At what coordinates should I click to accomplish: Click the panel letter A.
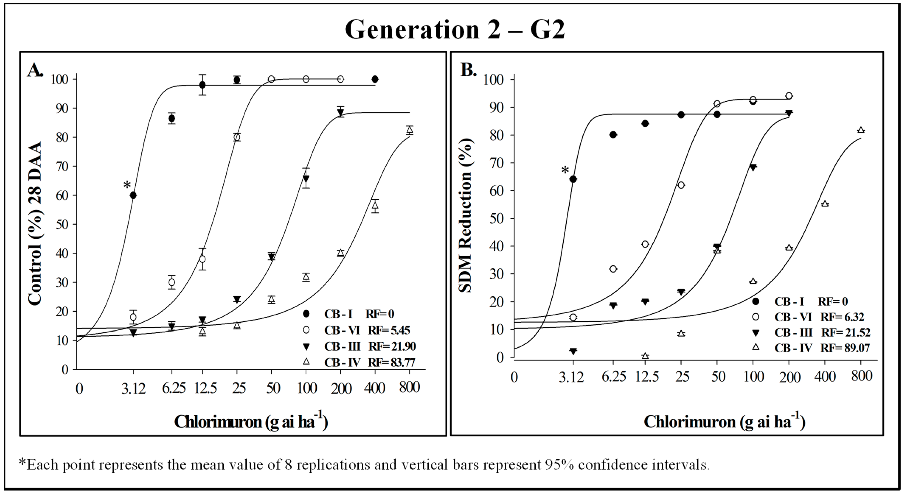click(35, 70)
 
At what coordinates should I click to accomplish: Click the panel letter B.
click(468, 70)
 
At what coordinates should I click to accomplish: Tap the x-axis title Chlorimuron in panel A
click(251, 422)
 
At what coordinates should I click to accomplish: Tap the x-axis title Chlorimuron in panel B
click(724, 422)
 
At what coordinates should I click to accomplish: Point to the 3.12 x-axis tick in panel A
click(133, 389)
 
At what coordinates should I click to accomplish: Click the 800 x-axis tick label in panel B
click(861, 376)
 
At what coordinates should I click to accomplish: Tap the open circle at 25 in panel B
click(681, 185)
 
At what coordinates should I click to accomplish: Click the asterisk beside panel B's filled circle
click(565, 171)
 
